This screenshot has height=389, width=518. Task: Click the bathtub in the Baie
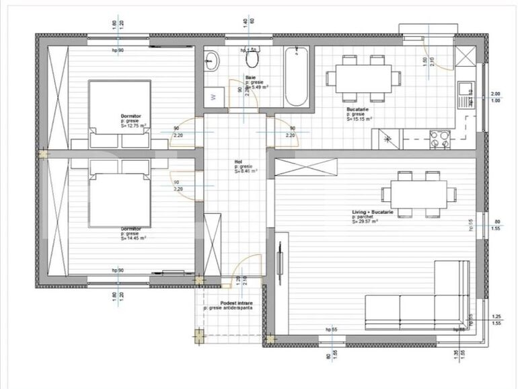pos(295,77)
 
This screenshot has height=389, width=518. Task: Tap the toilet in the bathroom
pos(253,60)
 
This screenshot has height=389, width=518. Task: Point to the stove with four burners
pos(440,138)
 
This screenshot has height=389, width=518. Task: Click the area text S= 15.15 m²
pos(360,119)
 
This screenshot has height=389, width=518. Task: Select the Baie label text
pos(250,78)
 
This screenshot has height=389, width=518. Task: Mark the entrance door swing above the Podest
pos(248,267)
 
